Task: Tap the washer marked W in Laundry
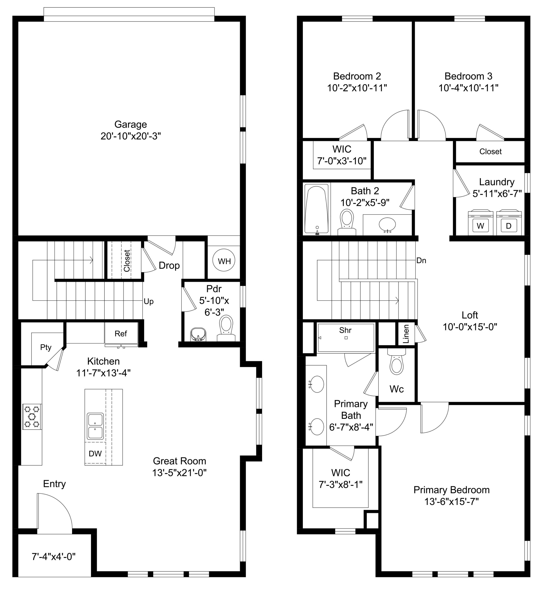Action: tap(480, 222)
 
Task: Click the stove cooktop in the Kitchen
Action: tap(32, 416)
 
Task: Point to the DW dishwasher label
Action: tap(95, 454)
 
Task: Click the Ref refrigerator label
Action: tap(121, 334)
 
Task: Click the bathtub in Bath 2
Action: tap(316, 209)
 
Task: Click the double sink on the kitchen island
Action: tap(95, 426)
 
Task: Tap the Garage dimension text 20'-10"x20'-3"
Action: tap(131, 136)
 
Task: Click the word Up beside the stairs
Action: tap(149, 302)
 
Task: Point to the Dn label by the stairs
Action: tap(421, 260)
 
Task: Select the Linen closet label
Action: tap(406, 334)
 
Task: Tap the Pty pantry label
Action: tap(46, 348)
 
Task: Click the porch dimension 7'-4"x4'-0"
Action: tap(54, 557)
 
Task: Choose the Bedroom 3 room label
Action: tap(468, 76)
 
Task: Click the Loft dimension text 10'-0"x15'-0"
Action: tap(470, 327)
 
